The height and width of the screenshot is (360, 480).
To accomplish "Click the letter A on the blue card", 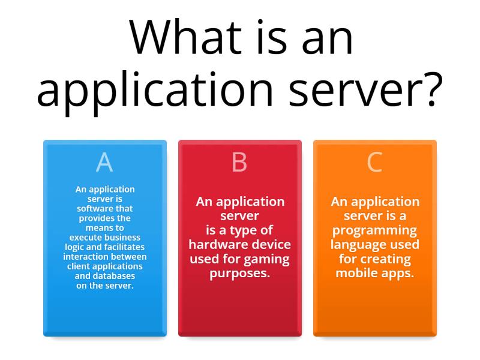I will (104, 162).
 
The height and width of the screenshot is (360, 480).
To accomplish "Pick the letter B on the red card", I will (239, 162).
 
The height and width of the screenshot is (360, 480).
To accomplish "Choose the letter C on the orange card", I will (374, 162).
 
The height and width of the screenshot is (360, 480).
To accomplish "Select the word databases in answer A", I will (113, 275).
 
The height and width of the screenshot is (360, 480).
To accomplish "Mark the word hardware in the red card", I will (218, 245).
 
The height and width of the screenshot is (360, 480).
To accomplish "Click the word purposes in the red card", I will (239, 274).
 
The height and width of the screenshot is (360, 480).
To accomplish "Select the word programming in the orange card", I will (374, 230).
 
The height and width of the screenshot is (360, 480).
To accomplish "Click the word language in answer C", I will (357, 245).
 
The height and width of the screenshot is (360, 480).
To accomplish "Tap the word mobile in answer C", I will (355, 274).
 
